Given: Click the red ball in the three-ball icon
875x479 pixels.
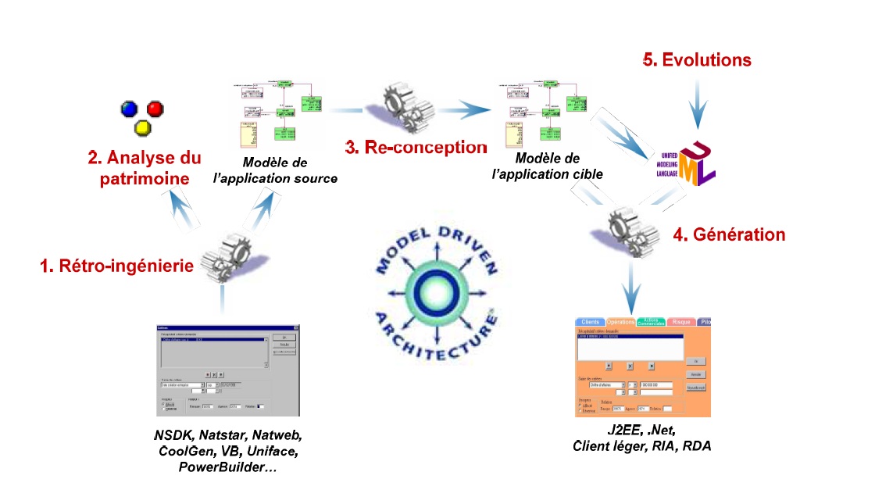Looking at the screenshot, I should (x=155, y=108).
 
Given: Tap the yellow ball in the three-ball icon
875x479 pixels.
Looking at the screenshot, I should (x=141, y=127).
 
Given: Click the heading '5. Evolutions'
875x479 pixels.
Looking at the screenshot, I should (x=696, y=60).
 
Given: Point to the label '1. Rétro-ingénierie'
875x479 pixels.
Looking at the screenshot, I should (x=116, y=266).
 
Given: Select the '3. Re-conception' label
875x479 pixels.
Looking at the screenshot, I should (x=416, y=147).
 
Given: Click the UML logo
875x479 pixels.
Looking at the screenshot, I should (x=696, y=163).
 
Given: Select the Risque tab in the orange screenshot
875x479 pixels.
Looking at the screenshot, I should (x=680, y=322).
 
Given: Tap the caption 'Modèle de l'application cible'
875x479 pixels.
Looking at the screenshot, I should (x=548, y=167).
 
